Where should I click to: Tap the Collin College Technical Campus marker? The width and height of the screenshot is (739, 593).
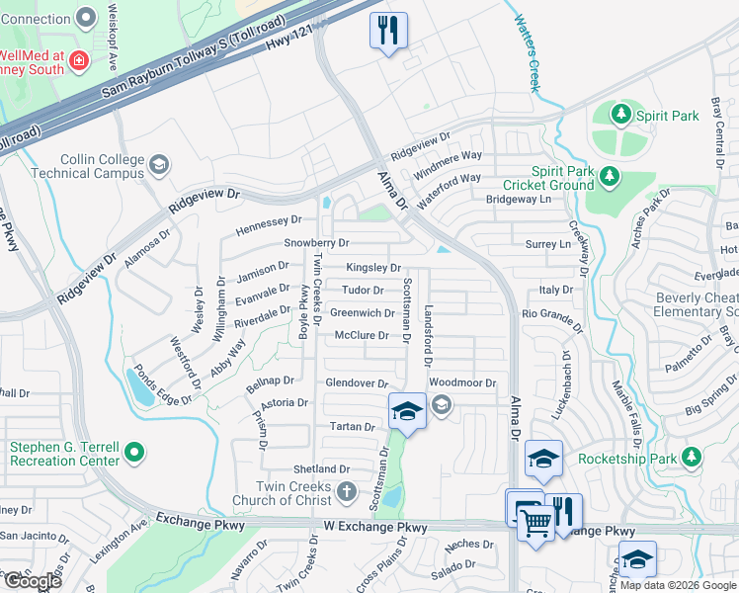pyautogui.click(x=159, y=165)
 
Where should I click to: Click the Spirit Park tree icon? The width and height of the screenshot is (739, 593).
pyautogui.click(x=621, y=116)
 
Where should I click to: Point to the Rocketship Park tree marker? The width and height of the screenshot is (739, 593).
pyautogui.click(x=693, y=458)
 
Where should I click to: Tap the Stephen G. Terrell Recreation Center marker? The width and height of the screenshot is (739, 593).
pyautogui.click(x=135, y=454)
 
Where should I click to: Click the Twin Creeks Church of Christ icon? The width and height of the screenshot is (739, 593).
pyautogui.click(x=347, y=491)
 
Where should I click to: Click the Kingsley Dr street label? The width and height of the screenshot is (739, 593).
pyautogui.click(x=372, y=268)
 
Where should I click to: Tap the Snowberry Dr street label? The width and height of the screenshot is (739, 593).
pyautogui.click(x=316, y=242)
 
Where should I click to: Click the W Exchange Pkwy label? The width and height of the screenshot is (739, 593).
pyautogui.click(x=375, y=528)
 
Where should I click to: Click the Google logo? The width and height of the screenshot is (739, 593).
pyautogui.click(x=32, y=581)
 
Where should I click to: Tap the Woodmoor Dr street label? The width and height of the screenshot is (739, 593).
pyautogui.click(x=461, y=382)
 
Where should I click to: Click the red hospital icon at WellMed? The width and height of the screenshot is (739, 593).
pyautogui.click(x=78, y=63)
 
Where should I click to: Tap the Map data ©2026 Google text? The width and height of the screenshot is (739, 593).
pyautogui.click(x=678, y=585)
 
